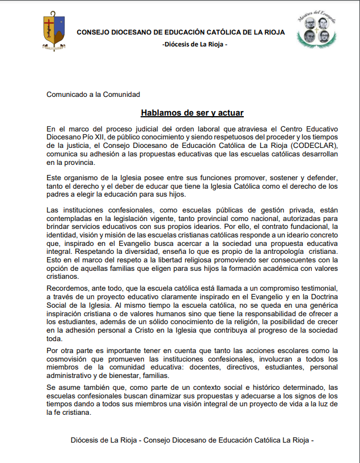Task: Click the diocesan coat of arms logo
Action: point(54,32)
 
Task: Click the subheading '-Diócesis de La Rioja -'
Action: point(194,44)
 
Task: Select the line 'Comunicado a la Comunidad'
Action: point(93,94)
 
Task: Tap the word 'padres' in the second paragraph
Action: point(58,195)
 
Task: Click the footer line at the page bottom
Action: point(192,440)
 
